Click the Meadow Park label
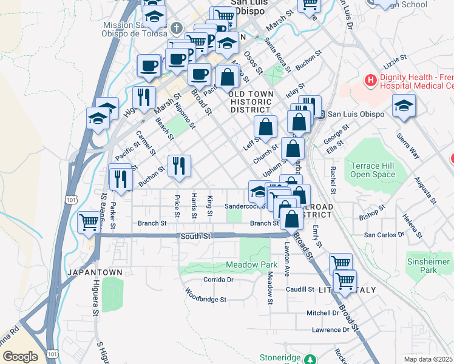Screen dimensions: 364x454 (251, 265)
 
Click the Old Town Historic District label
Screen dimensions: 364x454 (249, 102)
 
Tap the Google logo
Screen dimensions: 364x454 (19, 357)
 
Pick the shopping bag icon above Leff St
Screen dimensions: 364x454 (265, 127)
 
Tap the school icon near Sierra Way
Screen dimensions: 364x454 (404, 107)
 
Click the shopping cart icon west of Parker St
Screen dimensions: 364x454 (89, 222)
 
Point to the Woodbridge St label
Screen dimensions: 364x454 (206, 299)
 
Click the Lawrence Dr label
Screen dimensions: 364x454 (330, 330)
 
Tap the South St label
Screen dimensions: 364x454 (194, 235)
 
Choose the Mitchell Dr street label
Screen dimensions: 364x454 (322, 313)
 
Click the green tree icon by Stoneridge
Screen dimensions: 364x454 (311, 360)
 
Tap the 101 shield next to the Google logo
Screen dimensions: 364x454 (53, 354)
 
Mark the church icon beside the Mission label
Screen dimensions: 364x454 (176, 28)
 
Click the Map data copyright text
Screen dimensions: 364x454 (429, 359)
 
